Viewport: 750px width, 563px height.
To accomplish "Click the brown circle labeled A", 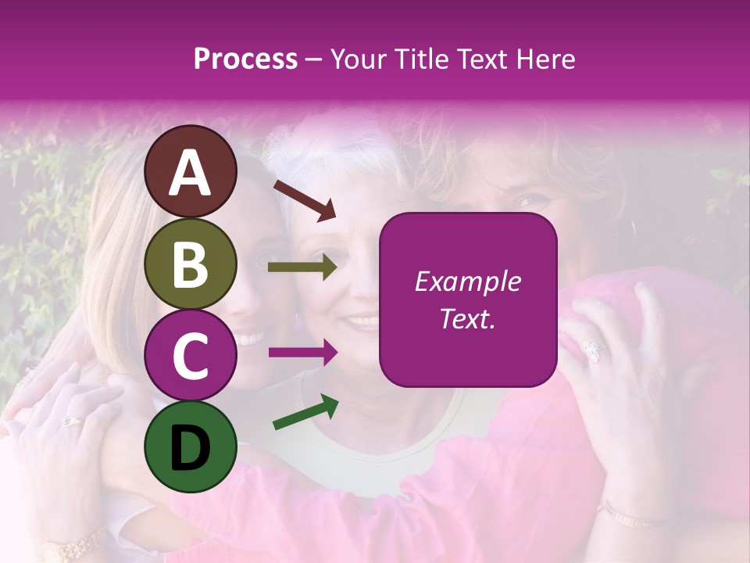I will [190, 171].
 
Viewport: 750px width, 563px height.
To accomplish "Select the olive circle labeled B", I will [190, 264].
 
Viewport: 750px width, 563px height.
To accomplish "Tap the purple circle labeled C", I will [190, 356].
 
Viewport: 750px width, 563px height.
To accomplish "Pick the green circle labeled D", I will [190, 446].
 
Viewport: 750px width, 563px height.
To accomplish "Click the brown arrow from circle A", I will [305, 200].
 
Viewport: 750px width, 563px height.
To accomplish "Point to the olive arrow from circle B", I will [302, 267].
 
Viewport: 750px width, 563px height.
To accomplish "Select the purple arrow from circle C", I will [302, 353].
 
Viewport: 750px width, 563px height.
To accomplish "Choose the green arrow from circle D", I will [305, 412].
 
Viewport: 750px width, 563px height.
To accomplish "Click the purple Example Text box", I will [468, 299].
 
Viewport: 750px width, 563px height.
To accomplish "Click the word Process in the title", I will [245, 59].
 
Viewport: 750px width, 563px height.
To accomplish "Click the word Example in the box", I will [468, 281].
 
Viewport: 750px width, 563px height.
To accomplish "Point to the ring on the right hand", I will [593, 351].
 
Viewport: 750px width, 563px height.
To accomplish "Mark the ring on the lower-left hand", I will [70, 421].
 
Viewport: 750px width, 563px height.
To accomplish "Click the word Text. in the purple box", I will [468, 318].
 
